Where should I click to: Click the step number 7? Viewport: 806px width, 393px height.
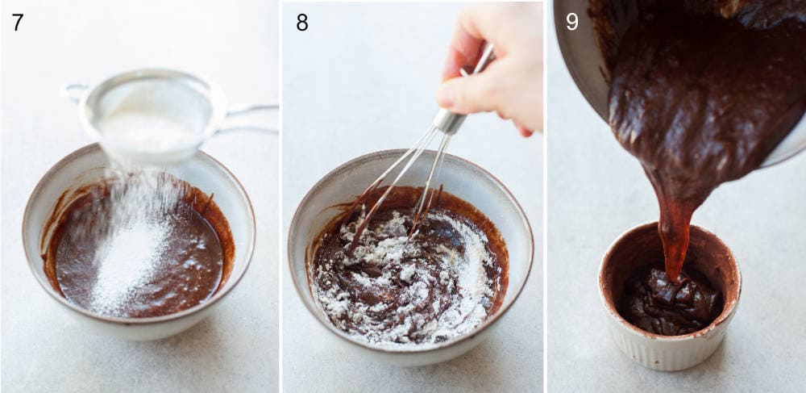pyautogui.click(x=17, y=22)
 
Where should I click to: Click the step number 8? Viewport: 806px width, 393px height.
pyautogui.click(x=301, y=22)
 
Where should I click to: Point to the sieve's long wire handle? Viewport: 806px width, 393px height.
pyautogui.click(x=250, y=118)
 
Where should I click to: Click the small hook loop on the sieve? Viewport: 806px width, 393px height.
pyautogui.click(x=74, y=90)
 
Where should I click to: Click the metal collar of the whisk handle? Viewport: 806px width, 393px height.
pyautogui.click(x=449, y=121)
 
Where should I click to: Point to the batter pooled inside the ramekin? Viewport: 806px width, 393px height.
pyautogui.click(x=669, y=300)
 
